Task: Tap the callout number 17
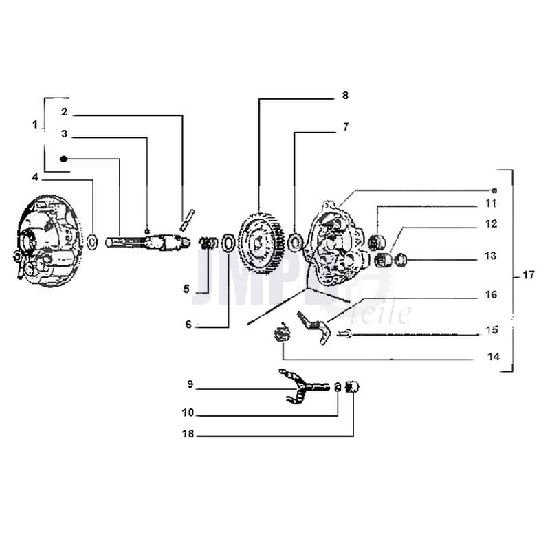tap(527, 275)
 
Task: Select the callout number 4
tap(34, 177)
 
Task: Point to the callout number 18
tap(188, 435)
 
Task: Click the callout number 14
tap(493, 357)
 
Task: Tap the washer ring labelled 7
tap(296, 242)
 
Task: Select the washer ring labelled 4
tap(92, 241)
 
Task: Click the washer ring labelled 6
tap(228, 243)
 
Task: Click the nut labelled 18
tap(352, 388)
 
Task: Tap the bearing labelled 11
tap(376, 243)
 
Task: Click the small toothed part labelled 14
tap(280, 335)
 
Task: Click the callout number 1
tap(34, 124)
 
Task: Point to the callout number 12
tap(490, 224)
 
